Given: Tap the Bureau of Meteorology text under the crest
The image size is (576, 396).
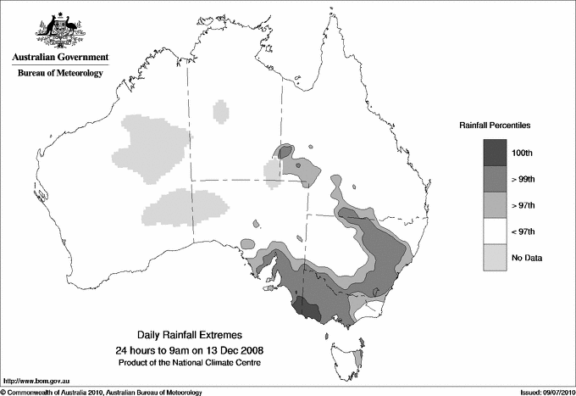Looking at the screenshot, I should pyautogui.click(x=60, y=74).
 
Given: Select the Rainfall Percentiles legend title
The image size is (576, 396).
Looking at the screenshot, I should pyautogui.click(x=495, y=125).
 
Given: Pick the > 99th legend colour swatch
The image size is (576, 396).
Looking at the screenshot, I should pyautogui.click(x=495, y=178).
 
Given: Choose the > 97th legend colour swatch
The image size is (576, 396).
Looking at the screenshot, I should pyautogui.click(x=495, y=204).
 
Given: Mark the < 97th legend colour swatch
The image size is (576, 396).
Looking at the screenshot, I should pyautogui.click(x=495, y=231).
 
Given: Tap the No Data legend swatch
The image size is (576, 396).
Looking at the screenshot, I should pyautogui.click(x=495, y=257).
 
